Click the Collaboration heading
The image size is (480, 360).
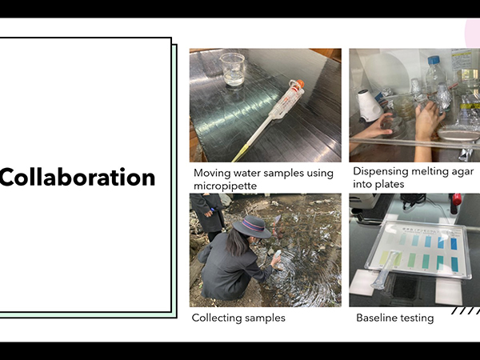[78, 178]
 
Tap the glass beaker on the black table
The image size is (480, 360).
[233, 70]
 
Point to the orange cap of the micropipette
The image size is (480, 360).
[300, 83]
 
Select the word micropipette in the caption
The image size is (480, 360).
[225, 186]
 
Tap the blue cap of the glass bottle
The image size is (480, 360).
[434, 60]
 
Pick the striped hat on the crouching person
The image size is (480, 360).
[252, 226]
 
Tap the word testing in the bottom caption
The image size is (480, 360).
[418, 318]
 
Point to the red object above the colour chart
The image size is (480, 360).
[456, 202]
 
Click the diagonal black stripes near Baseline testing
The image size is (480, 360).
[466, 310]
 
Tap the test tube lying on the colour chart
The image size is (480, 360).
[385, 270]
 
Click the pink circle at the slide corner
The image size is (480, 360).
[472, 34]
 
